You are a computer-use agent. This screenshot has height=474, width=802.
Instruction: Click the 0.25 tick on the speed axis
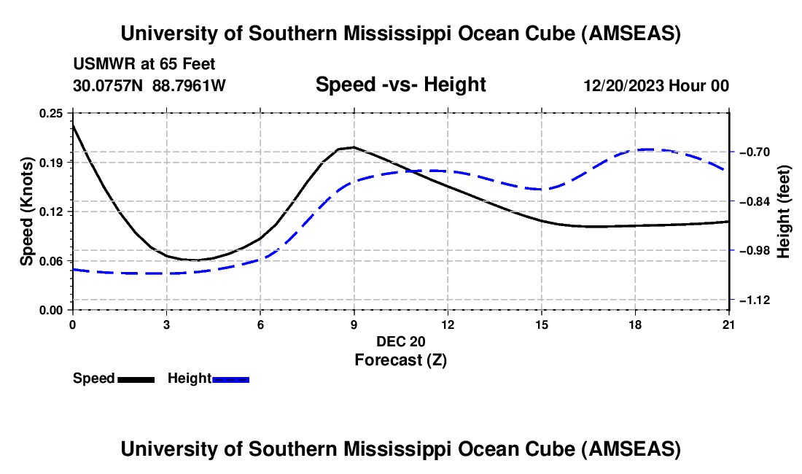coord(52,113)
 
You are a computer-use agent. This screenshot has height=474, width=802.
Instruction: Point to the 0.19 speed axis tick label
coord(52,162)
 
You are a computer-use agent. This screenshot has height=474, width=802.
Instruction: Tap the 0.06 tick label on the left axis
coord(52,261)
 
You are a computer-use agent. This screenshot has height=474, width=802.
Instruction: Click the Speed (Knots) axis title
coord(27,211)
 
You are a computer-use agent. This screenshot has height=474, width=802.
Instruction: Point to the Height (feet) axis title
coord(785,211)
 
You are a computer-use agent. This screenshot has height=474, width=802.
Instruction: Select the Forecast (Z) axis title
coord(400,360)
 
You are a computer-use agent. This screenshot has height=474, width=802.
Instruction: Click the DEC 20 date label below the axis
coord(400,341)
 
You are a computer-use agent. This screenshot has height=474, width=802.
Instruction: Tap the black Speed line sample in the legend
coord(136,379)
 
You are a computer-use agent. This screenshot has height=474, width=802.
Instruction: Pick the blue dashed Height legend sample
coord(231,379)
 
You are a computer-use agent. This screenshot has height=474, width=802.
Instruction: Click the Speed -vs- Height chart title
coord(400,85)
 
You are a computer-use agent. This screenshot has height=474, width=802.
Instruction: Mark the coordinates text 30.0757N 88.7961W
coord(149,85)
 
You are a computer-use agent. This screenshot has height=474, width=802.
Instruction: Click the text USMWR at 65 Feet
coord(144,64)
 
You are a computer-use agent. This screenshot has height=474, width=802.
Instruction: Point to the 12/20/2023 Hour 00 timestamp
coord(656,85)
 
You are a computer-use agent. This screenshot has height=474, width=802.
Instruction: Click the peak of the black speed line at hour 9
coord(354,147)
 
